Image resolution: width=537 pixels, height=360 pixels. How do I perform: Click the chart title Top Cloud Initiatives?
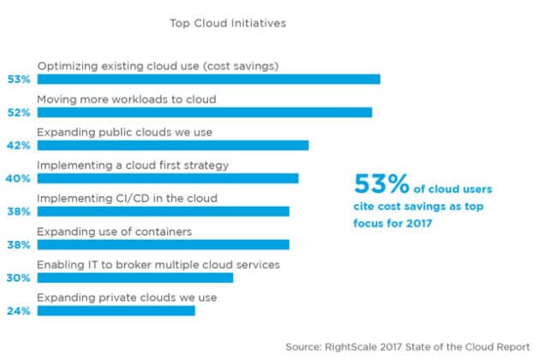pos(227,23)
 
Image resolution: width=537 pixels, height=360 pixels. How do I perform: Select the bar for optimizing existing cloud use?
pos(208,79)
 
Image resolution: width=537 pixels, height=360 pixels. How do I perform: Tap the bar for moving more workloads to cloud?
pos(205,112)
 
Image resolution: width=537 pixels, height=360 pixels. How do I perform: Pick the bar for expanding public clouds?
pos(172,145)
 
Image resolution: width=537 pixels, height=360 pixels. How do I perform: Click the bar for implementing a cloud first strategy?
pos(168,178)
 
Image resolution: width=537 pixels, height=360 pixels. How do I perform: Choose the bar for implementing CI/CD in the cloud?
pos(163,211)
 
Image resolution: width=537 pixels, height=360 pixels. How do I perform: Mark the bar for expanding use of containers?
pos(163,244)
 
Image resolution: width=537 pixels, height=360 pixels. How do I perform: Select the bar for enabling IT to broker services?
pos(134,278)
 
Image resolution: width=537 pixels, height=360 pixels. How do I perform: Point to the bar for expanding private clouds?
pos(116,310)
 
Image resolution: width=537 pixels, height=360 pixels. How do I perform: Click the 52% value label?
pos(19,112)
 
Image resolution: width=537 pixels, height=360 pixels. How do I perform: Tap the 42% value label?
pos(19,146)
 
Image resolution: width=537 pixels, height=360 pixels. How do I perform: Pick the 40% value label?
pos(19,178)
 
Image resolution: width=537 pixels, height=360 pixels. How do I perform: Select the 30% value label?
pos(19,278)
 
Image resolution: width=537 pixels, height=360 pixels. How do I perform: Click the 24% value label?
pos(19,311)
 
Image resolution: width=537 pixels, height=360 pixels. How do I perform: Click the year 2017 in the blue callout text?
pos(416,224)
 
